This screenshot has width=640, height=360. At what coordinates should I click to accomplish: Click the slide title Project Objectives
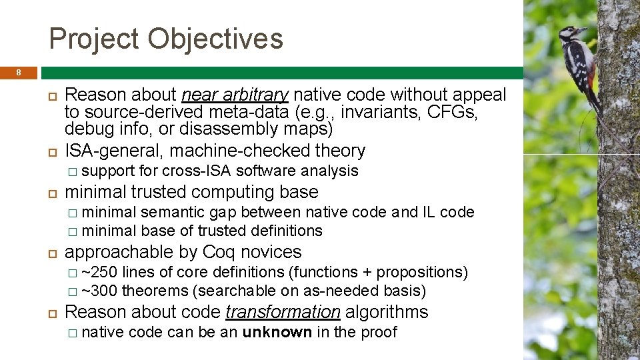click(166, 39)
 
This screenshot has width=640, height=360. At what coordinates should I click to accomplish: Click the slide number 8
click(19, 72)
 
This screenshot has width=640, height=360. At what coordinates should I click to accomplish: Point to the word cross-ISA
click(197, 171)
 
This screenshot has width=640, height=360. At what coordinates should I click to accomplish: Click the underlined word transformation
click(283, 312)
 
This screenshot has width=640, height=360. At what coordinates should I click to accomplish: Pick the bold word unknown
click(277, 333)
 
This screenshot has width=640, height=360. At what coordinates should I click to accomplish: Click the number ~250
click(99, 273)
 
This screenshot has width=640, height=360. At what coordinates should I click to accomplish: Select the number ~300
click(99, 291)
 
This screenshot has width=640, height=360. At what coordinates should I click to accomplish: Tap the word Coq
click(219, 252)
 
